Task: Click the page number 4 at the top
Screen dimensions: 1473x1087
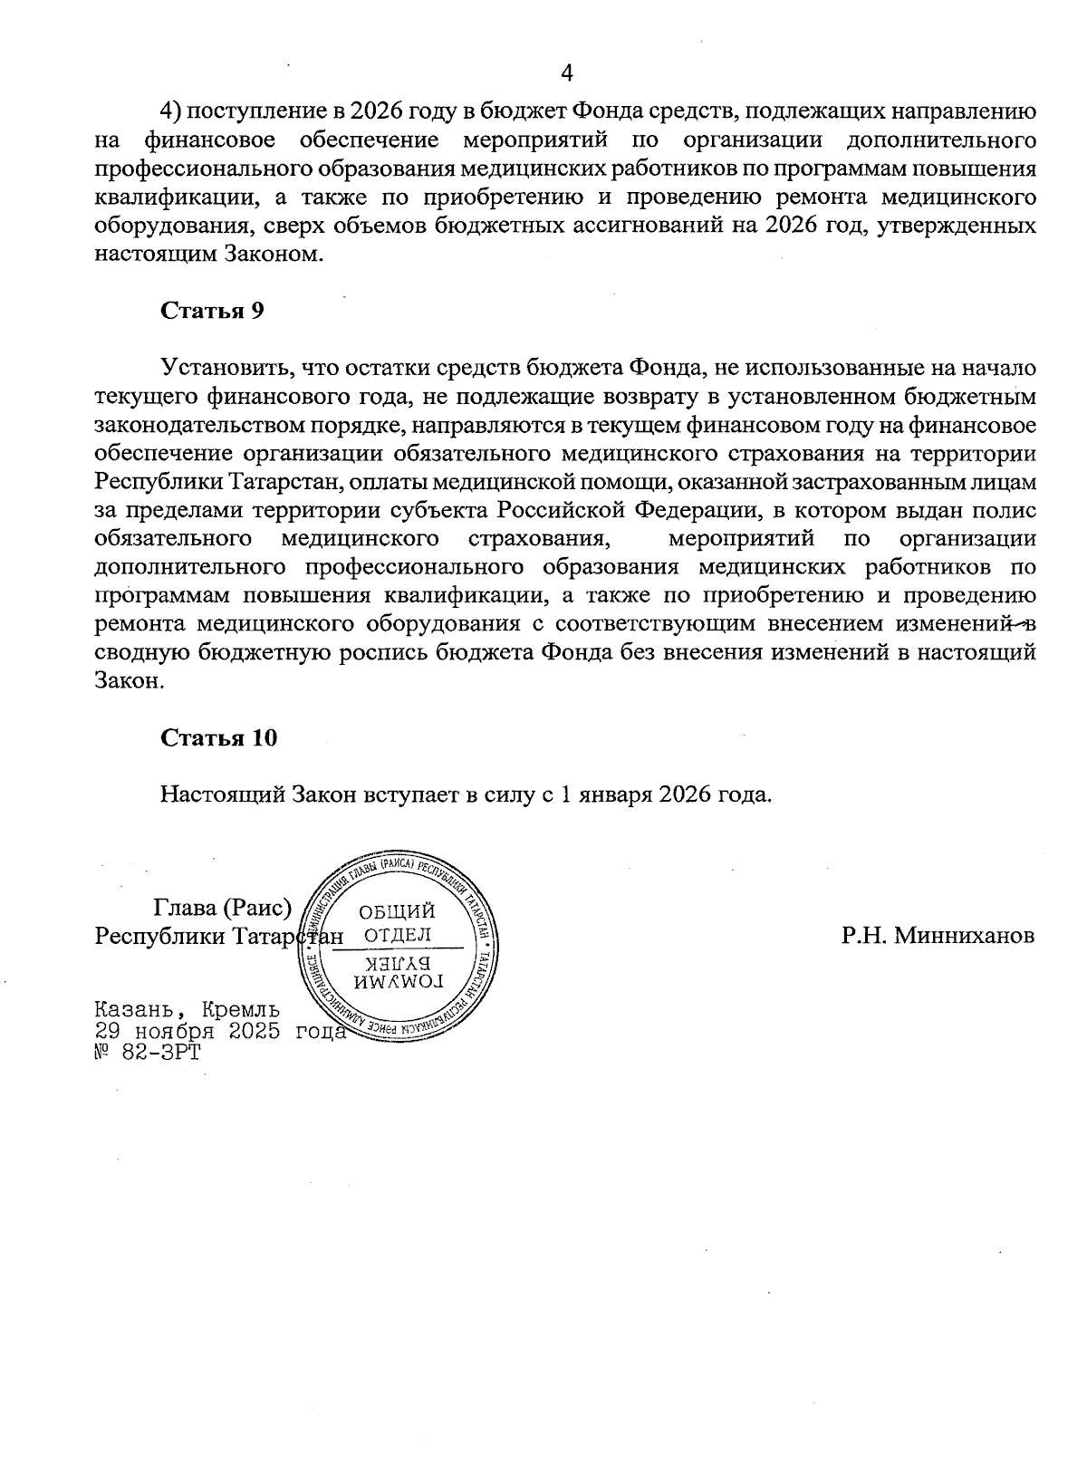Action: [x=568, y=72]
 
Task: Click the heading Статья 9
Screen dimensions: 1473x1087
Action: [x=212, y=311]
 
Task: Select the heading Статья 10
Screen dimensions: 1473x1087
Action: [x=218, y=737]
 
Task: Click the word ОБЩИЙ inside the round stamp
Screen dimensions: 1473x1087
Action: [x=397, y=910]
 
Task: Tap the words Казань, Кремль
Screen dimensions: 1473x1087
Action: [x=187, y=1009]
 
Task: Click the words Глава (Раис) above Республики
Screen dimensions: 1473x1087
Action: [x=222, y=907]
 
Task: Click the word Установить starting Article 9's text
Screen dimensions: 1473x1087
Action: [x=226, y=368]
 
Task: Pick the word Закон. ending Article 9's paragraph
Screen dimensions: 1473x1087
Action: [x=130, y=680]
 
